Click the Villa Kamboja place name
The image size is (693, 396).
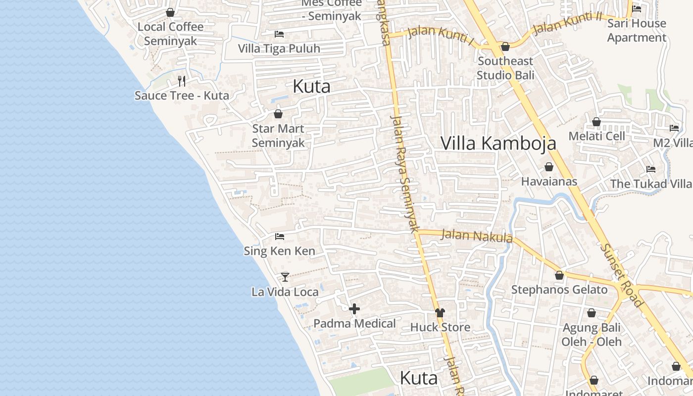click(x=498, y=143)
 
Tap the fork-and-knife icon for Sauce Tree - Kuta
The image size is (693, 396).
click(x=182, y=81)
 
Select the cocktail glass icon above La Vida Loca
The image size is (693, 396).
click(x=285, y=277)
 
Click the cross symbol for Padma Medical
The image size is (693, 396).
click(x=354, y=309)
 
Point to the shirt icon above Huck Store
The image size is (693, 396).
click(x=440, y=312)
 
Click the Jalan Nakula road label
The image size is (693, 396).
click(x=476, y=236)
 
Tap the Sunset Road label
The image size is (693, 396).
click(x=621, y=275)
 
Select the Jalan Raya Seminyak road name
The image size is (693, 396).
click(x=405, y=173)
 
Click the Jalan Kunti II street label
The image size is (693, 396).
click(x=567, y=23)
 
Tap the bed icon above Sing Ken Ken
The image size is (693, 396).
click(x=279, y=237)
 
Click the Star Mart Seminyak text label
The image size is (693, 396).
click(x=278, y=136)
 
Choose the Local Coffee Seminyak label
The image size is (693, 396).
click(x=170, y=34)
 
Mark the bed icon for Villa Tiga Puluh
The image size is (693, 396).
click(x=279, y=34)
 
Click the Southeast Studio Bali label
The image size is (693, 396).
click(x=505, y=68)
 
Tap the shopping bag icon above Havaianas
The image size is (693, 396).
click(x=548, y=167)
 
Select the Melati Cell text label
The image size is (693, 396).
click(x=596, y=136)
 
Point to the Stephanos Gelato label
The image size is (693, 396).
click(x=559, y=290)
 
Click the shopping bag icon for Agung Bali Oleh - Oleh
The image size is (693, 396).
click(x=591, y=313)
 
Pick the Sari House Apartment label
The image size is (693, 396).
click(x=637, y=30)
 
